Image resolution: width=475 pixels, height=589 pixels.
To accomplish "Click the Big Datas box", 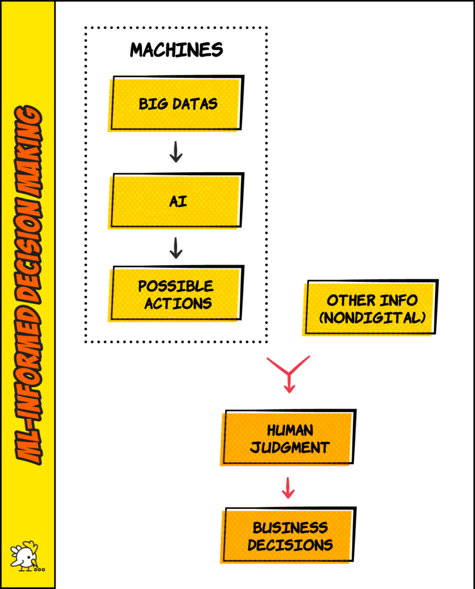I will pyautogui.click(x=177, y=103).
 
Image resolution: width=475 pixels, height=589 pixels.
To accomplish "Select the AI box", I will pyautogui.click(x=177, y=201).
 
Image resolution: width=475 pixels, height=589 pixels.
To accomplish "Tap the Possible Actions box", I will pyautogui.click(x=177, y=294).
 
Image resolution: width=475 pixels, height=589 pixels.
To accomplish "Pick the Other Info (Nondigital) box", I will pyautogui.click(x=371, y=308).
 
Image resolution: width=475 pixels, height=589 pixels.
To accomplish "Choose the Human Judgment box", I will pyautogui.click(x=289, y=437).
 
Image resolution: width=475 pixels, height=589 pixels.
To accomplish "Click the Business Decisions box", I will pyautogui.click(x=289, y=535).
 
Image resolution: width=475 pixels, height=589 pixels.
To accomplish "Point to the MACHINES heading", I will pyautogui.click(x=176, y=50).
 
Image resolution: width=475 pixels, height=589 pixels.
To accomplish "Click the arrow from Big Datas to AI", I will pyautogui.click(x=176, y=152).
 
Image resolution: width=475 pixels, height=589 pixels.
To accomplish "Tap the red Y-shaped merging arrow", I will pyautogui.click(x=288, y=373).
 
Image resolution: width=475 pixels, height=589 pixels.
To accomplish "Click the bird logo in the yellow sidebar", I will pyautogui.click(x=27, y=558).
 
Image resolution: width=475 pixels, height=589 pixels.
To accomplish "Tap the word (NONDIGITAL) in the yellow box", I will pyautogui.click(x=371, y=318).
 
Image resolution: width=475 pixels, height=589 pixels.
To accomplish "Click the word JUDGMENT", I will pyautogui.click(x=289, y=447).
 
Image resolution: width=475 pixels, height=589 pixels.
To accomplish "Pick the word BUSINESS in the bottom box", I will pyautogui.click(x=289, y=527).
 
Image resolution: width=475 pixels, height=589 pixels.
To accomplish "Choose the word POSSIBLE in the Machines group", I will pyautogui.click(x=176, y=286).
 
